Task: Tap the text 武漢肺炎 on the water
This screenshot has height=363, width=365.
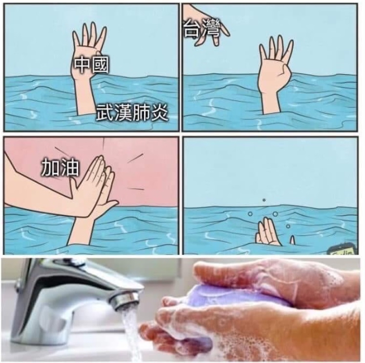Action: tap(132, 113)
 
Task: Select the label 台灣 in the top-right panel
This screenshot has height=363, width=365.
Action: tap(202, 28)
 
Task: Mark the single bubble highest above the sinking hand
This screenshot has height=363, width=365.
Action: tap(264, 200)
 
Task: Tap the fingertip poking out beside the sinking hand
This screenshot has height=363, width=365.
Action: tap(292, 240)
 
